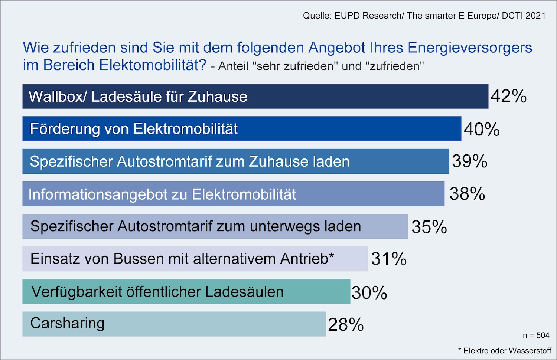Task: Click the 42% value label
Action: click(x=508, y=96)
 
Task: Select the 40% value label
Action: click(x=481, y=129)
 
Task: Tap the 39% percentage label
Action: click(x=469, y=161)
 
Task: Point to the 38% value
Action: click(x=467, y=194)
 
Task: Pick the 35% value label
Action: click(x=429, y=227)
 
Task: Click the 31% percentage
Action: click(x=389, y=259)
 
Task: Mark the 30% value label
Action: click(x=369, y=293)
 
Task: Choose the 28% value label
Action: click(x=346, y=325)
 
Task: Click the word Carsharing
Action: click(x=67, y=324)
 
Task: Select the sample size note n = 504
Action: click(x=536, y=336)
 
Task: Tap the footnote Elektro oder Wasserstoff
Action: click(x=507, y=351)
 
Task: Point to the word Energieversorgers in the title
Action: click(x=470, y=48)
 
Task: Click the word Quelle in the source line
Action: click(x=316, y=16)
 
